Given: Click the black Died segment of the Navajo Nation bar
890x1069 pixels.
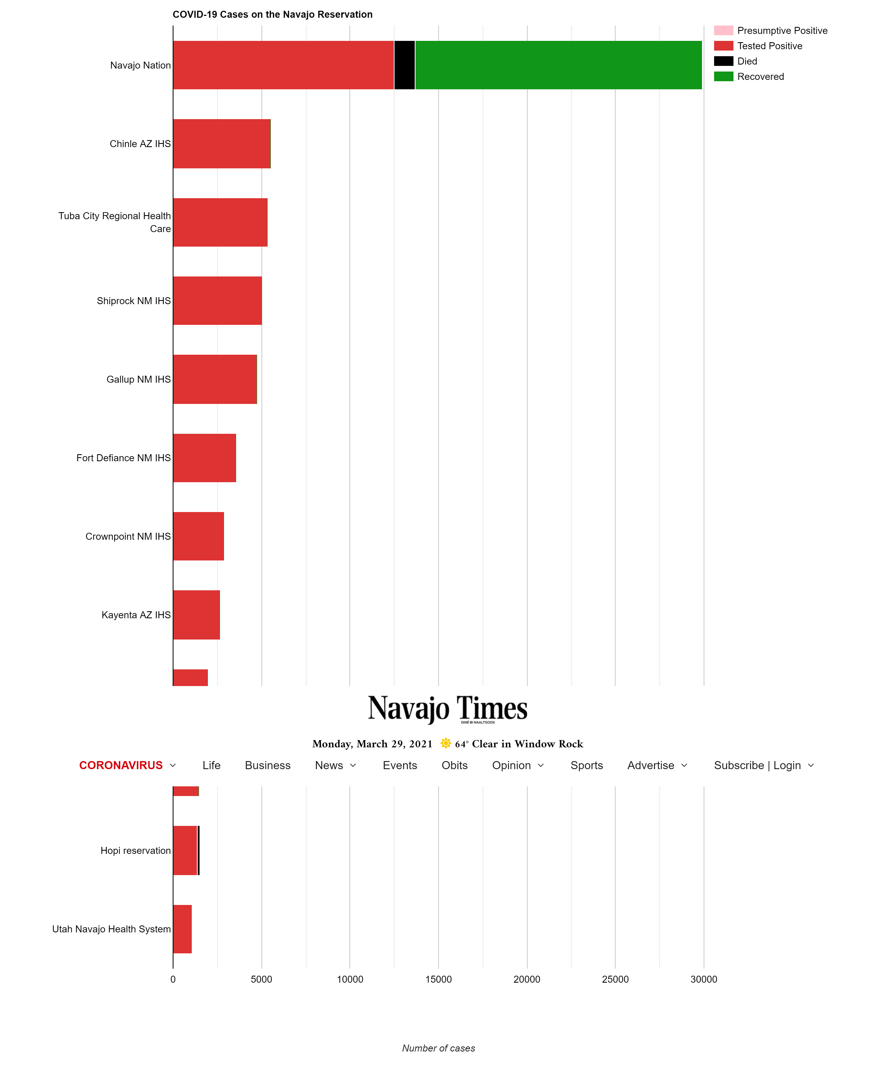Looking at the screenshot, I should [x=404, y=65].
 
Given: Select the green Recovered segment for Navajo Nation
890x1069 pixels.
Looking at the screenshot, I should [x=558, y=65].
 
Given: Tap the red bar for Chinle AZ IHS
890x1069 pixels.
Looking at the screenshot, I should [x=221, y=144].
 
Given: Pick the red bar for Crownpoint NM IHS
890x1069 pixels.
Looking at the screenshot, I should [x=198, y=536].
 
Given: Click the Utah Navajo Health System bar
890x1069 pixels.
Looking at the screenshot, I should [x=182, y=929].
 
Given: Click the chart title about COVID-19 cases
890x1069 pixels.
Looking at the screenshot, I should [x=272, y=14].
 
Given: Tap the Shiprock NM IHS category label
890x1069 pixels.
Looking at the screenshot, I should [x=133, y=301].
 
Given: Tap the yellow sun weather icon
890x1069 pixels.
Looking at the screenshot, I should [x=445, y=743].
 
